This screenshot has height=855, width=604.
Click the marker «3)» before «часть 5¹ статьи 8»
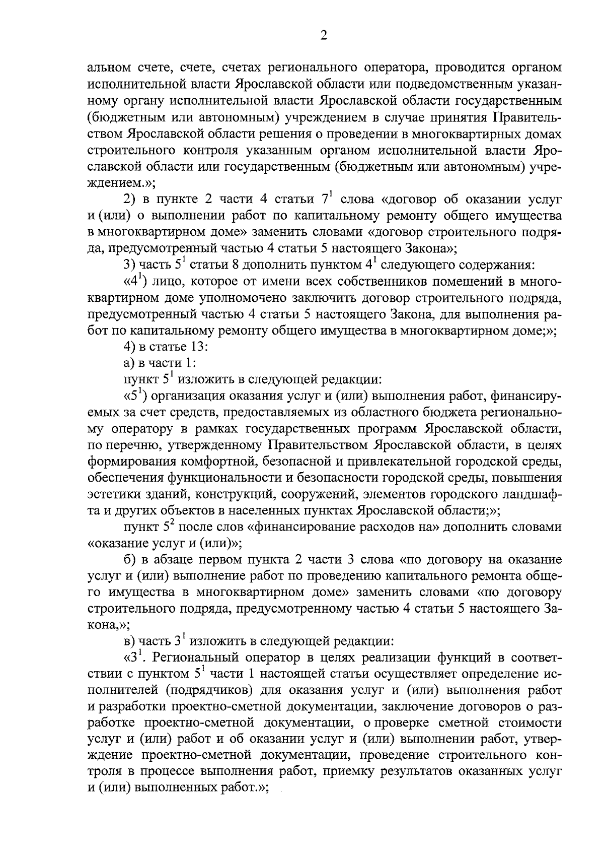[x=131, y=265]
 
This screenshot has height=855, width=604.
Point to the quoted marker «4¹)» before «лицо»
[x=135, y=282]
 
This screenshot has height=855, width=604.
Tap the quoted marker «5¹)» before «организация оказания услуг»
[x=135, y=396]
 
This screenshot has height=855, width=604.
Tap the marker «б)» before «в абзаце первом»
[x=130, y=559]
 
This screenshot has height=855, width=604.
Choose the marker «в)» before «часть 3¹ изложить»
[x=129, y=641]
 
